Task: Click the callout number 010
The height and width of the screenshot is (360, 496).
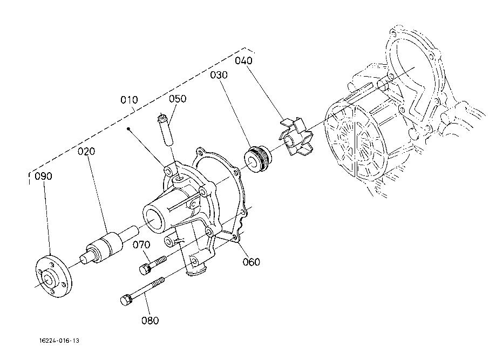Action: [x=130, y=100]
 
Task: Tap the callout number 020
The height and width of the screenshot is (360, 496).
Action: [x=86, y=152]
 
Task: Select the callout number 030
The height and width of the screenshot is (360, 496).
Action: [x=219, y=75]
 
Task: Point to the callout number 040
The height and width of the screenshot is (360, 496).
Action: [x=243, y=60]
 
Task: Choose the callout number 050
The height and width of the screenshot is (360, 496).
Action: [x=178, y=99]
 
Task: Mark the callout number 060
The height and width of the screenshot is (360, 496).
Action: [x=252, y=262]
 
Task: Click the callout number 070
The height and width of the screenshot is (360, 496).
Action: [x=141, y=245]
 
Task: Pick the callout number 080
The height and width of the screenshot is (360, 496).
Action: [x=150, y=321]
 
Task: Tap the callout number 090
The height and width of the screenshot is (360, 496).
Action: [x=43, y=176]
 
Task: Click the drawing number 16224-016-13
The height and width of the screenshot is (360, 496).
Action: [x=59, y=341]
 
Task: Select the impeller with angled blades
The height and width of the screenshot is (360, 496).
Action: [x=296, y=137]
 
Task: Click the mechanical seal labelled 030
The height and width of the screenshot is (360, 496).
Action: [x=259, y=159]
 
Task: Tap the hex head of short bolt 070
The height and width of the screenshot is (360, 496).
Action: [x=144, y=269]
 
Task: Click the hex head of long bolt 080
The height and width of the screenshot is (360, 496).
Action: [x=126, y=300]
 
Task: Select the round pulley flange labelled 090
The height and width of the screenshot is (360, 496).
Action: [x=53, y=276]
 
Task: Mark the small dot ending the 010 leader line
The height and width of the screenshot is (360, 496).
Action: [x=128, y=129]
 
